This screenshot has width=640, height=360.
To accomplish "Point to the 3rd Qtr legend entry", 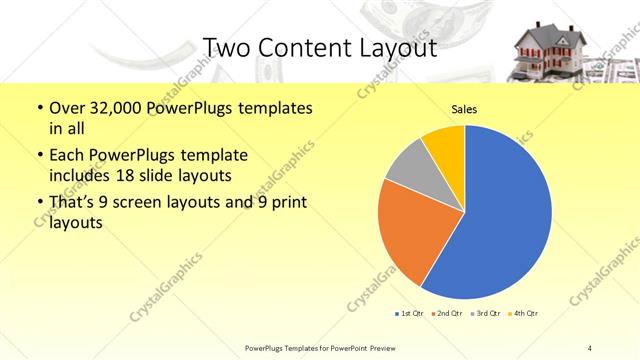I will [x=486, y=314].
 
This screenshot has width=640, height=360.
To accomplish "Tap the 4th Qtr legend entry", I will [x=523, y=314].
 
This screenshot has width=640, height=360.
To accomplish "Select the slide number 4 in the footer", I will [x=590, y=347].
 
